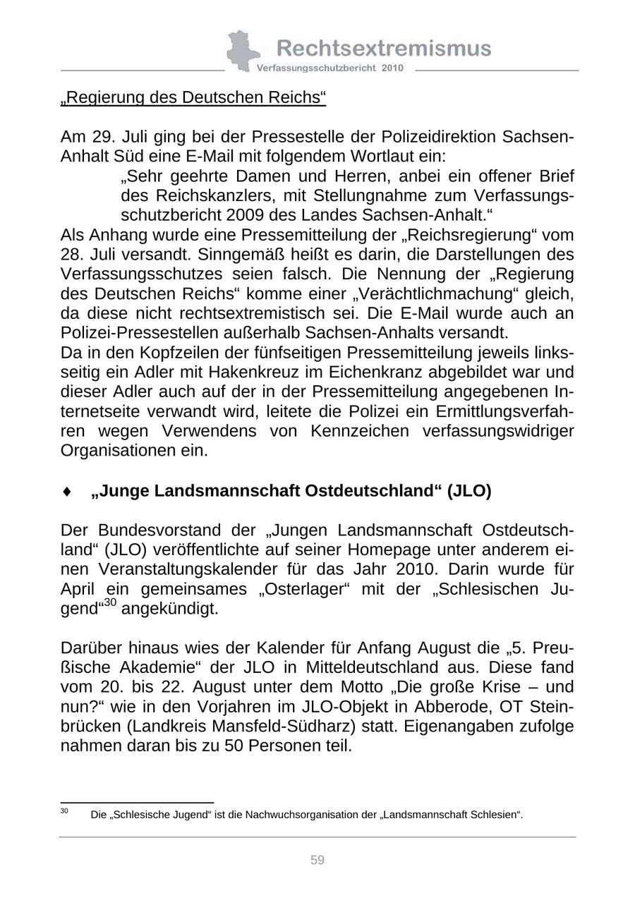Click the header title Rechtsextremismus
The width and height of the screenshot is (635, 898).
[384, 48]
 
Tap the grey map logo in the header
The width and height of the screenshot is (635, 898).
[241, 51]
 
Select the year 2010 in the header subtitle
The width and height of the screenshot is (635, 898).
[392, 68]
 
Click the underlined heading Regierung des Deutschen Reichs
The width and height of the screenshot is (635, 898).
[193, 97]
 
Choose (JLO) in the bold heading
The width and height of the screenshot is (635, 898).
[468, 491]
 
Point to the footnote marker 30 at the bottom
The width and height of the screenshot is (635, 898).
[64, 811]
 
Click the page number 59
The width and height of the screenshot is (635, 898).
[317, 860]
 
